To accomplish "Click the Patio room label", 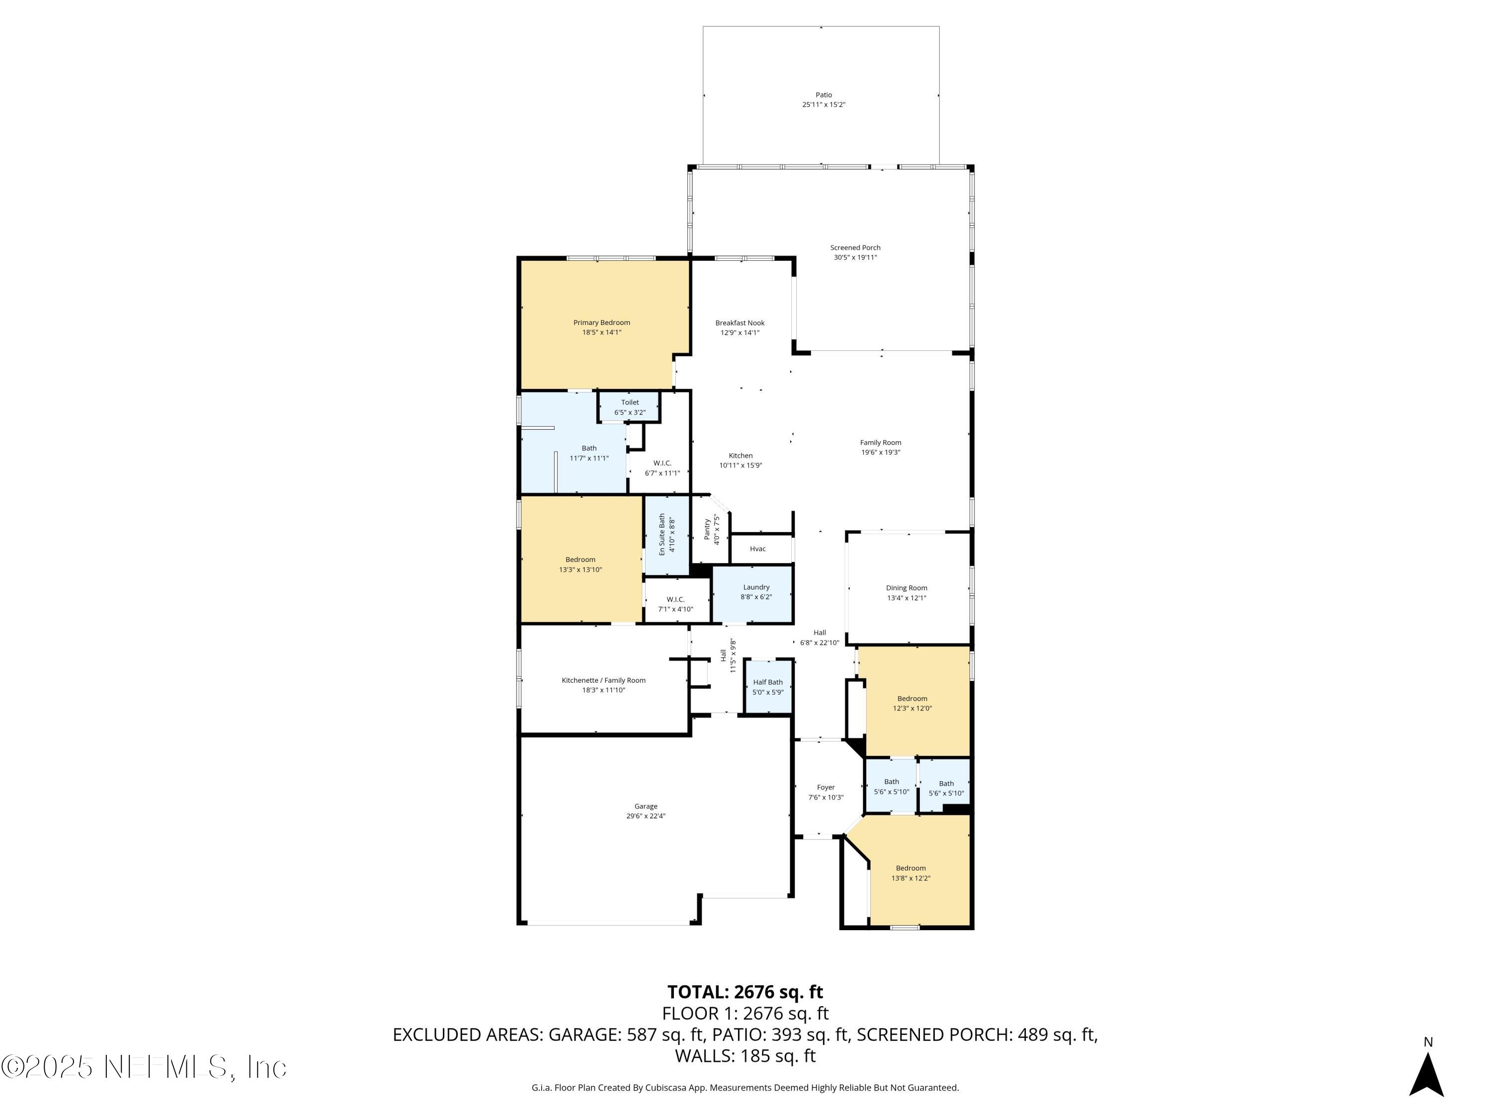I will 823,95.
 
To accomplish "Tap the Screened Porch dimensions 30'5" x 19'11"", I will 855,257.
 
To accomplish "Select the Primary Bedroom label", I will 601,323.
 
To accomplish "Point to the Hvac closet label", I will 757,549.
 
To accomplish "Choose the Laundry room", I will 755,592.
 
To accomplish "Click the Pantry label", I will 707,529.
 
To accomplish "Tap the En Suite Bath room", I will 666,535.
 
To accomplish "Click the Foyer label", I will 825,787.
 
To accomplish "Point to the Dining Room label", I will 906,588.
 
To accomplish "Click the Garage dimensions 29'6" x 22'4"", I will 645,816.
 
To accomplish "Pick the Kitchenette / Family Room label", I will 603,681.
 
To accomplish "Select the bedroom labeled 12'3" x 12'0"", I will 911,704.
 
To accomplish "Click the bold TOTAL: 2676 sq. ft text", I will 745,992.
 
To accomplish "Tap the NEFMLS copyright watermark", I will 144,1067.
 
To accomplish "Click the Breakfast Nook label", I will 740,323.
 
